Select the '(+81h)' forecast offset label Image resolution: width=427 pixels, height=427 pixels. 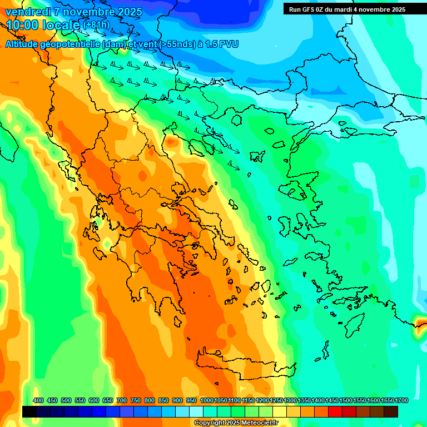pos(97,26)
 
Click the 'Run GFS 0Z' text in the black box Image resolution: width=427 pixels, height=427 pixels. pos(306,9)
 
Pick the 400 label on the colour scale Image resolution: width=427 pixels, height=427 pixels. pos(38,401)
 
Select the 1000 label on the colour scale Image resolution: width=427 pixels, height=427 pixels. pos(206,401)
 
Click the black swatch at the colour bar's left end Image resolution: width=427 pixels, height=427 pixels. pos(29,411)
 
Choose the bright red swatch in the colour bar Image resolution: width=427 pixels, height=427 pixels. pos(335,411)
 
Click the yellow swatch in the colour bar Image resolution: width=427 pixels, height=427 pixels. pos(280,411)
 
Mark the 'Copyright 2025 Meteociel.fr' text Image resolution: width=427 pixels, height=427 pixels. pos(244,423)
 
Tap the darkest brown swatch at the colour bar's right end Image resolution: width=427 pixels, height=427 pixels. pos(391,411)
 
